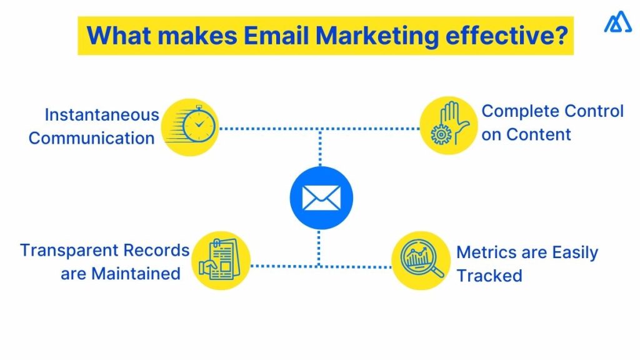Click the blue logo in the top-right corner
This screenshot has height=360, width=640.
coord(617,22)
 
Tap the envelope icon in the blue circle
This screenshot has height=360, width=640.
coord(321,198)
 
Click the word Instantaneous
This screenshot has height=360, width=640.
coord(102,116)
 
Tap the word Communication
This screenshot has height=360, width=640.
coord(91,138)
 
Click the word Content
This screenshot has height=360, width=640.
coord(539,134)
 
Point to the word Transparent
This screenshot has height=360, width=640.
coord(69,251)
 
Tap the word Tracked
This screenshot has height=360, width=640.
coord(489,276)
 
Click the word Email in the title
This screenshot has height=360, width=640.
coord(274,36)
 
